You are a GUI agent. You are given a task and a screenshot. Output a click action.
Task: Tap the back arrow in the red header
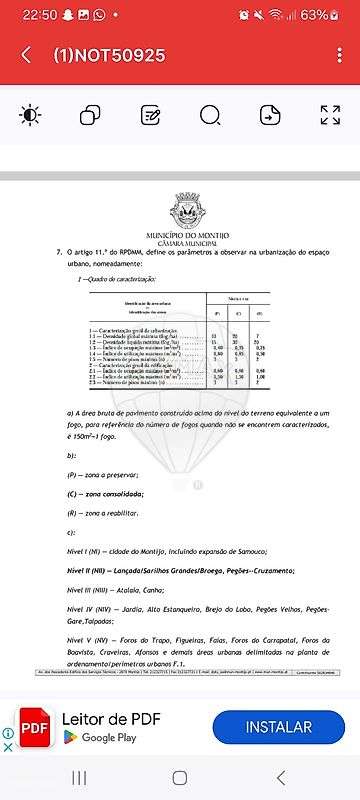26,55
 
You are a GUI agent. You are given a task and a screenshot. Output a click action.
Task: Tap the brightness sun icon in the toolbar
30,115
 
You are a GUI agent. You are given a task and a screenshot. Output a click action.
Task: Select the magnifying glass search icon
209,115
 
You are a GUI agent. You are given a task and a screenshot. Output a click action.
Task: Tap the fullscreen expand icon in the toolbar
330,115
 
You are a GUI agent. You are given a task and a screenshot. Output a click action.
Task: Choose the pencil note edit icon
150,115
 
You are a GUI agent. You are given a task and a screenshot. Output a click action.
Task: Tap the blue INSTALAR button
278,727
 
